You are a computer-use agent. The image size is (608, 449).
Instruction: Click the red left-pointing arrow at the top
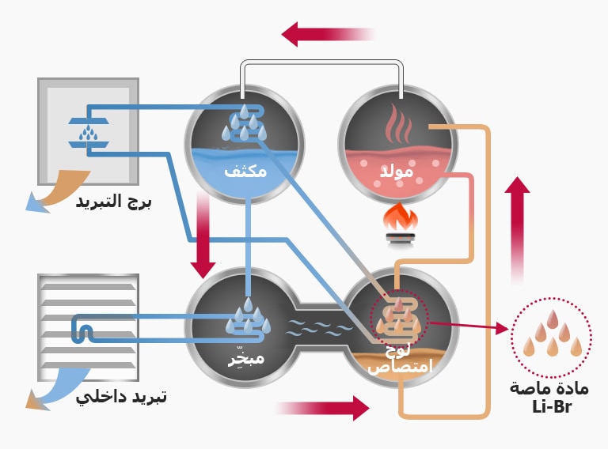coord(325,34)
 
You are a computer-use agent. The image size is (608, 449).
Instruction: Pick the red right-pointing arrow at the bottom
coord(325,408)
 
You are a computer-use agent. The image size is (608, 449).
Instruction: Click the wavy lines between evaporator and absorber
coord(320,326)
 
